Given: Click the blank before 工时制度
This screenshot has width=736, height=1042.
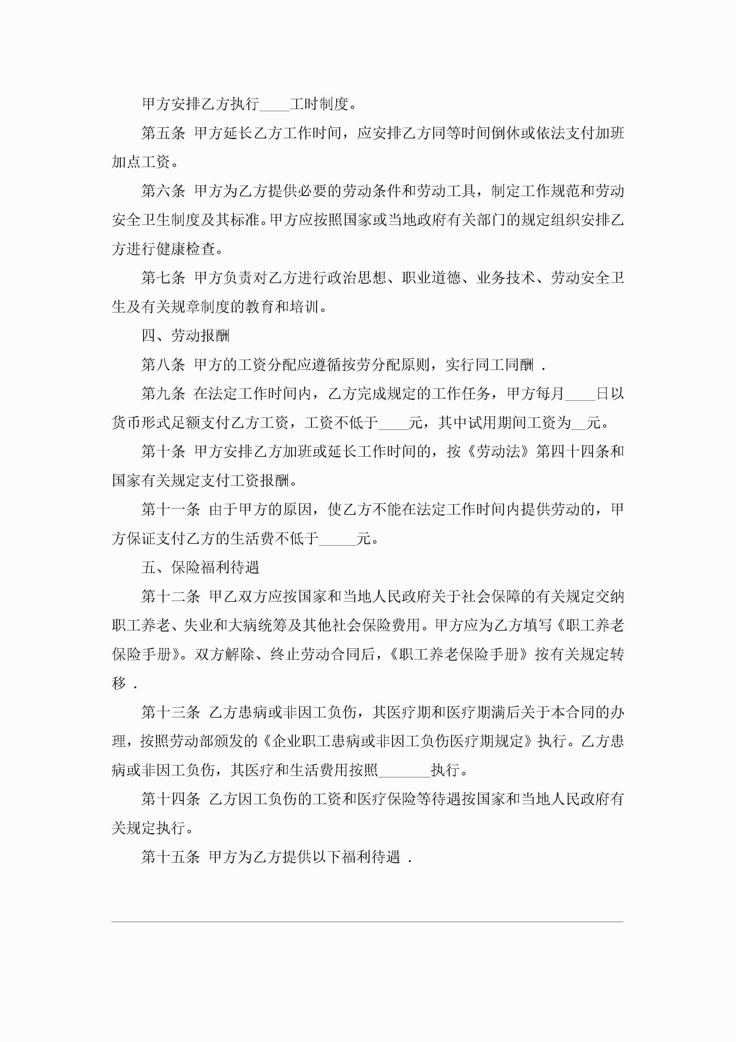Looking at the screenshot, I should click(274, 105).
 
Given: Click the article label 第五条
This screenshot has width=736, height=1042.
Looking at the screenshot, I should click(163, 133).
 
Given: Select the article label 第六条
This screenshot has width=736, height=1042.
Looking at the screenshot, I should click(163, 191).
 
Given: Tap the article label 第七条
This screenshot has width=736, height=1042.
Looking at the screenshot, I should click(163, 278).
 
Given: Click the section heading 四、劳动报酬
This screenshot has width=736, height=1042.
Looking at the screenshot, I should click(185, 336).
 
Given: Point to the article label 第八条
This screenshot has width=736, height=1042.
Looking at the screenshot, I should click(163, 364).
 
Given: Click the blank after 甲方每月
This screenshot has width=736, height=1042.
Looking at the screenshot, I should click(580, 394).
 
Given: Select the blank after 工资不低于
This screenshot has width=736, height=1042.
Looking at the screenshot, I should click(393, 423).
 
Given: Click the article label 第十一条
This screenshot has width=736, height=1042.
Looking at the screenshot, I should click(171, 510).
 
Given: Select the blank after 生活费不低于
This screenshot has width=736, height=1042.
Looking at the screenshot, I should click(337, 539).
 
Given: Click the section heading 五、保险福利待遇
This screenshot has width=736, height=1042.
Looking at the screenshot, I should click(200, 568).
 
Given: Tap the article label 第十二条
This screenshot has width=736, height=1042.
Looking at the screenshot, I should click(171, 597).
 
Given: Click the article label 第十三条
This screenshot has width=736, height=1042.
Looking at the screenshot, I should click(171, 713).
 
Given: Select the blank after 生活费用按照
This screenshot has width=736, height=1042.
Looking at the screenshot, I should click(404, 771).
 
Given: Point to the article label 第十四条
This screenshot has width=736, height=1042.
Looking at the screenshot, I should click(171, 799).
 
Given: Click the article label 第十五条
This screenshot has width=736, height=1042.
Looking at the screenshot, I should click(171, 857).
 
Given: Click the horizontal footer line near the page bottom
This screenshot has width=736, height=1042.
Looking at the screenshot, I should click(367, 922).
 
